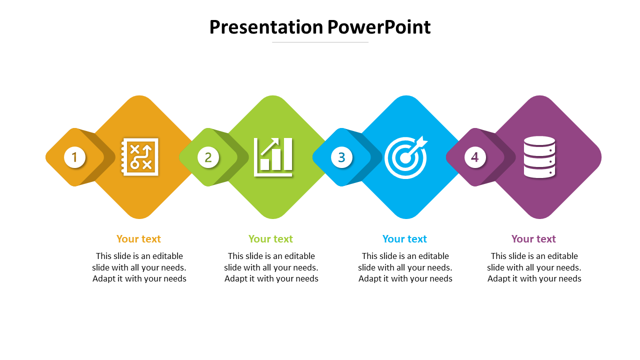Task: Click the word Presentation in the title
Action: pos(266,27)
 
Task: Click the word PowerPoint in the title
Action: pos(379,27)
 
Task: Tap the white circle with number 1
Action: pos(75,157)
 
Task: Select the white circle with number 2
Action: pos(208,157)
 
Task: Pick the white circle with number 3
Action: pos(341,157)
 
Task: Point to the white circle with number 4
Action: pos(475,157)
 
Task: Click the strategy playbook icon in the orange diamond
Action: pos(139,157)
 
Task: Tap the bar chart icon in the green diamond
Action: pos(273,157)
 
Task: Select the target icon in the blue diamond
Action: pos(406,157)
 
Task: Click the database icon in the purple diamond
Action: pos(539,157)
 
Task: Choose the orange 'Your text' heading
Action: pos(138,239)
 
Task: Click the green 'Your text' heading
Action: pos(270,239)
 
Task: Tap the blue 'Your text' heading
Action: pos(404,239)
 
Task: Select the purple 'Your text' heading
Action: pos(533,239)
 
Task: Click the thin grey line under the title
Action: pos(320,42)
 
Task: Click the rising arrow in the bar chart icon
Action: pos(269,146)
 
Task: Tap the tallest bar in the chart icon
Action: pos(287,154)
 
